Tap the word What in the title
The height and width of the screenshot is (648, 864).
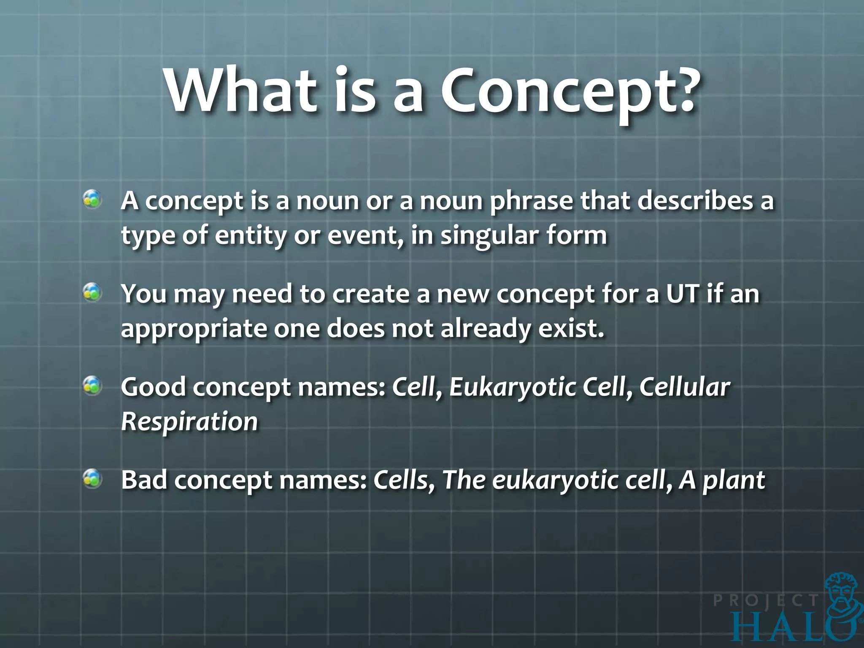click(x=240, y=91)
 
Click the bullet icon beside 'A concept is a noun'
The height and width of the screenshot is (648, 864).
click(x=92, y=200)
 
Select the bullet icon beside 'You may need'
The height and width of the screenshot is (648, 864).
click(x=92, y=292)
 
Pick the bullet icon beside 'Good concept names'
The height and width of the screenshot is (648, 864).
click(x=92, y=386)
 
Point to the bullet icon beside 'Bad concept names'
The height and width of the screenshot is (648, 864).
click(x=92, y=479)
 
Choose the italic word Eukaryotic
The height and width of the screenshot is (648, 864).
click(x=512, y=387)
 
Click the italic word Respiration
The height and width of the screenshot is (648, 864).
click(x=189, y=421)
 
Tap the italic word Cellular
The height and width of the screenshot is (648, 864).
click(x=684, y=387)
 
